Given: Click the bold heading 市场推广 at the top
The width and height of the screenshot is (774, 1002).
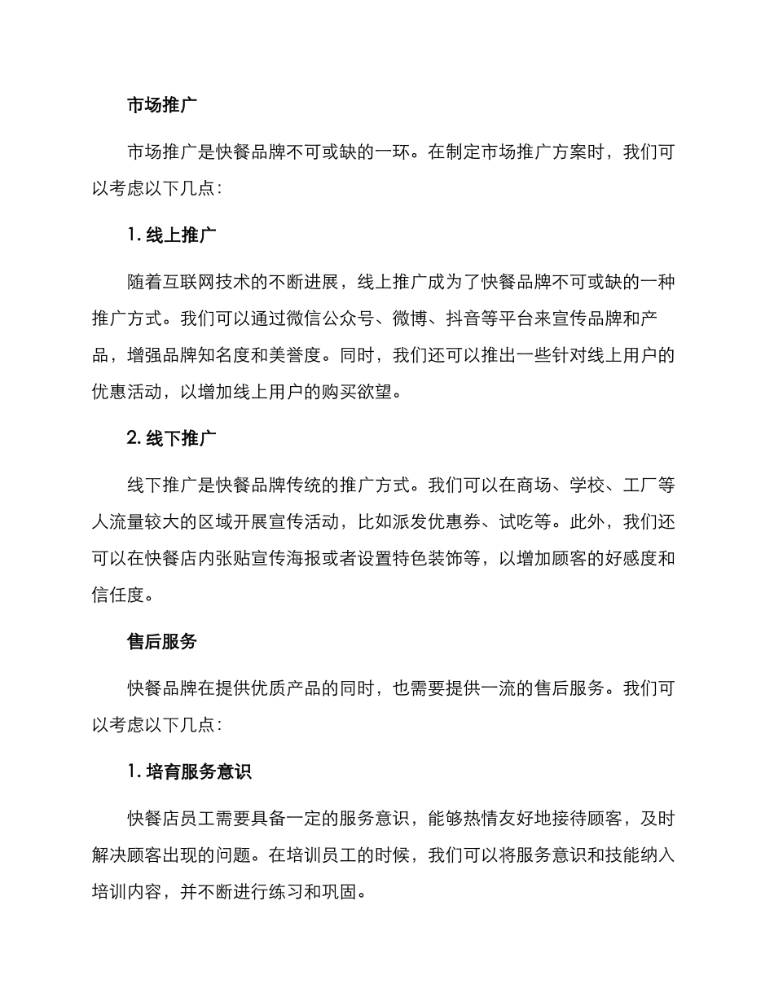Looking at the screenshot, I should (162, 106).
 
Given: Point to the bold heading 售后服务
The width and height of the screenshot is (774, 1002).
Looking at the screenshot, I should (162, 641).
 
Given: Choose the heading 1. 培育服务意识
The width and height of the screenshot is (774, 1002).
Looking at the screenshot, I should (189, 771).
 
